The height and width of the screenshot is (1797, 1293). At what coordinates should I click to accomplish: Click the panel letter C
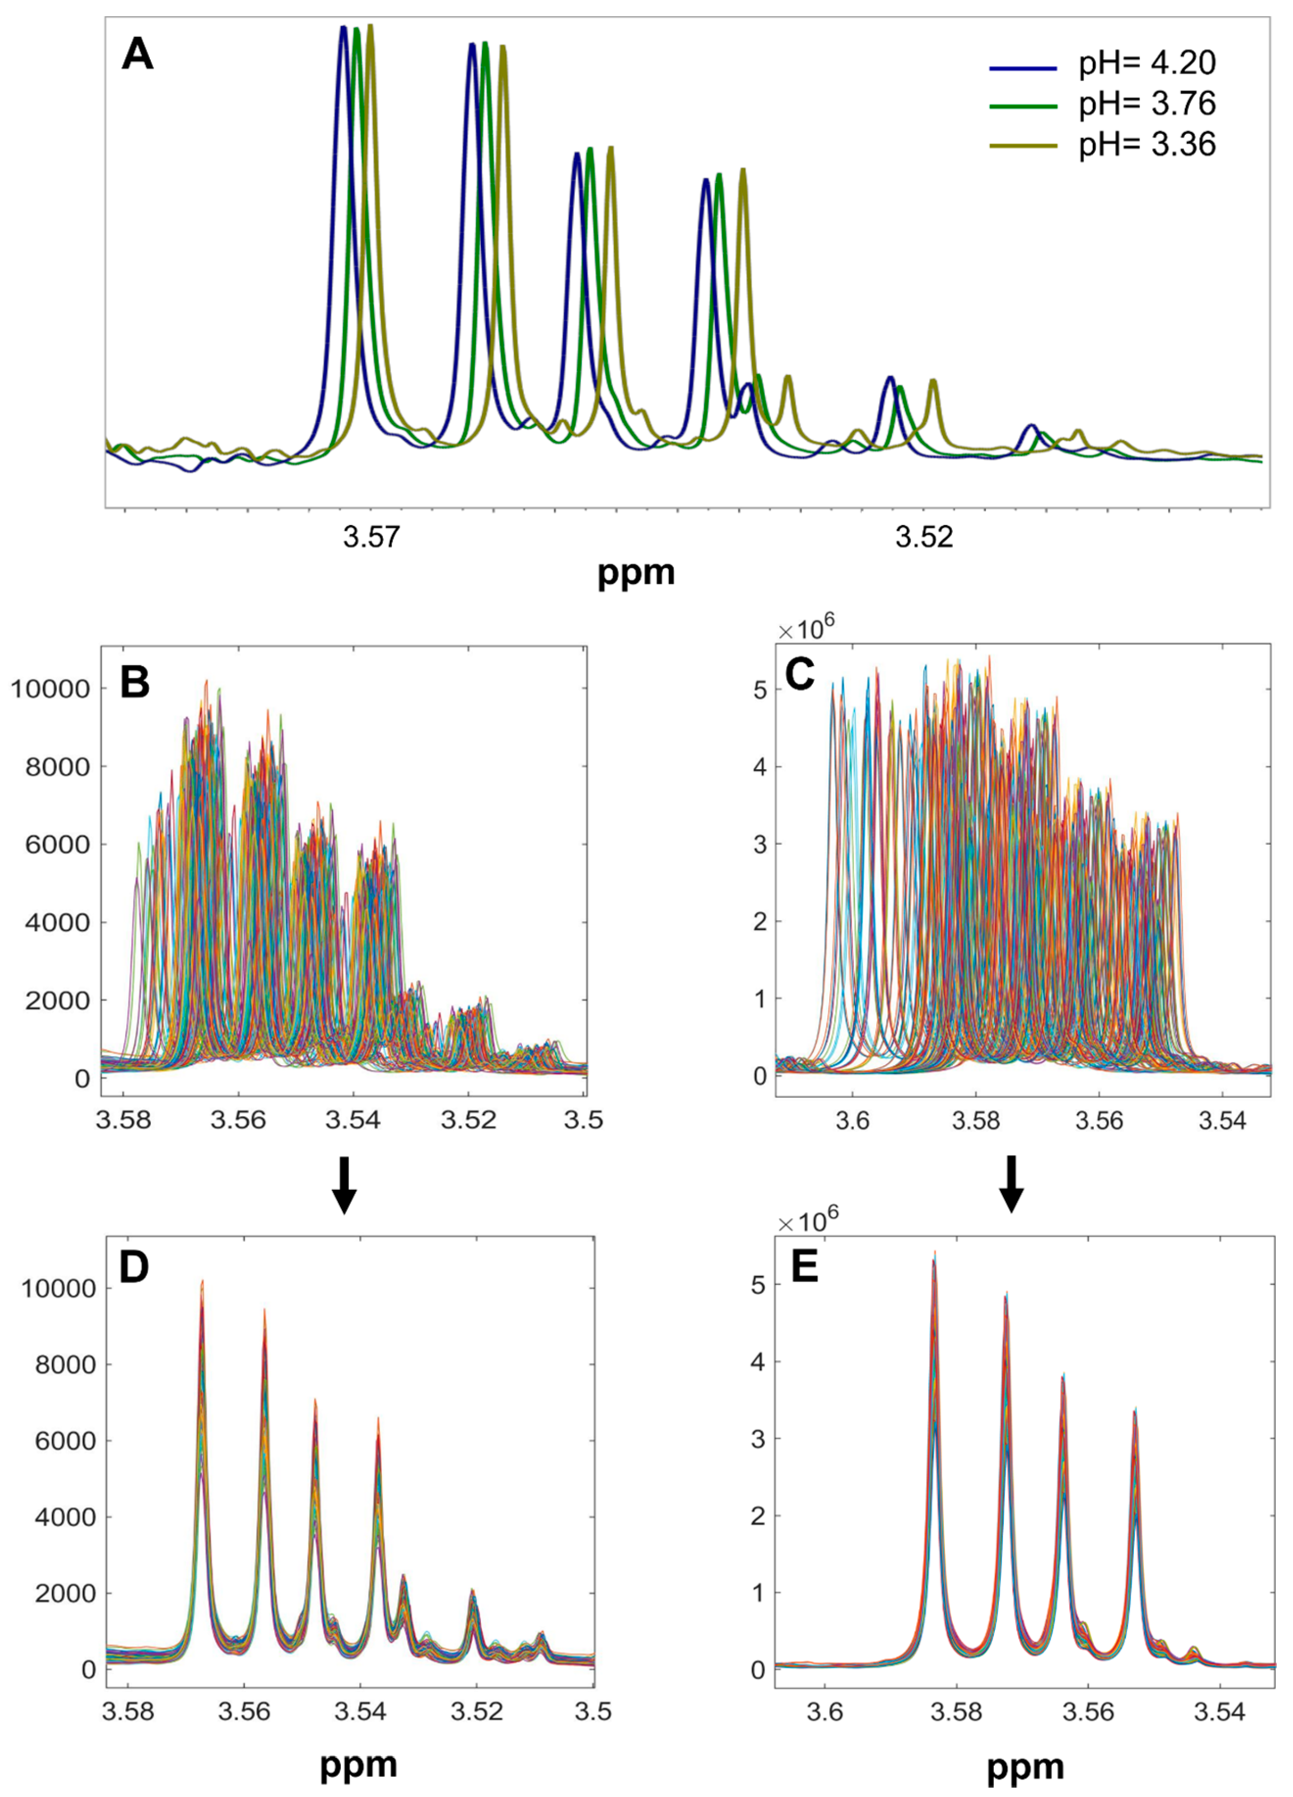coord(799,674)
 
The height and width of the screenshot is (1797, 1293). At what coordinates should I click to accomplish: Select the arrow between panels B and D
coord(343,1184)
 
